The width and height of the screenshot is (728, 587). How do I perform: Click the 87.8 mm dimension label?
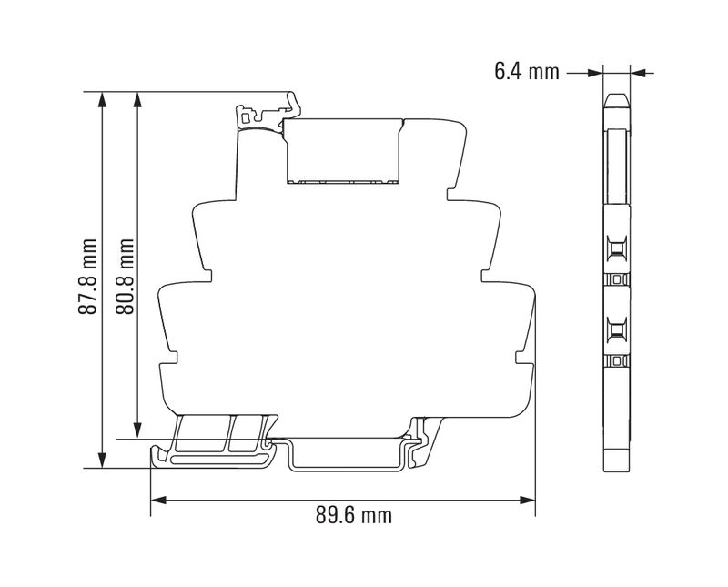87,277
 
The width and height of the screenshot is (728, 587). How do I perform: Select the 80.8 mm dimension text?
125,277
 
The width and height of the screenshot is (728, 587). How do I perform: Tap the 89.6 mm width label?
354,515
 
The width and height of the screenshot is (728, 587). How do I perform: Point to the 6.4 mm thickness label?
527,72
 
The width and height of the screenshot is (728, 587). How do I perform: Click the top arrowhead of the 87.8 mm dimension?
103,99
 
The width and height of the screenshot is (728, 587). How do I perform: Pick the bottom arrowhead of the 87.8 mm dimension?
103,460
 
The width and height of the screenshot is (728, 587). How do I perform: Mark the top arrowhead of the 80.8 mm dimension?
137,99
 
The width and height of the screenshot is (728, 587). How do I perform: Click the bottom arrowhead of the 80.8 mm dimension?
137,430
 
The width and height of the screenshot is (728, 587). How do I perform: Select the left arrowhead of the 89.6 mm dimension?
158,501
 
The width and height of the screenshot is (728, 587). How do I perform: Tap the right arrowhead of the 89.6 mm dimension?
528,501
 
